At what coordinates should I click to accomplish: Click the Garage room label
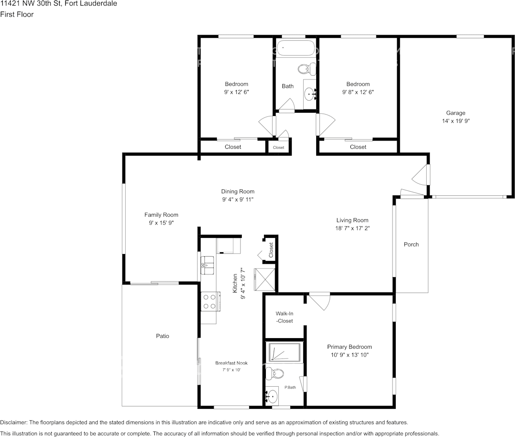(455, 113)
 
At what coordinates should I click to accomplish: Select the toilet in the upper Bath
(305, 69)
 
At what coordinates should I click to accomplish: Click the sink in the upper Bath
(309, 94)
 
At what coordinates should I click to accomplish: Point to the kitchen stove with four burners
(209, 301)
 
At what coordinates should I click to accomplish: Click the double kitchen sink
(208, 265)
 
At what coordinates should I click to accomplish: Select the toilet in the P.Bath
(276, 373)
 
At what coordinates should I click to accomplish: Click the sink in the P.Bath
(273, 396)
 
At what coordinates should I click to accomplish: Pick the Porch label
(411, 244)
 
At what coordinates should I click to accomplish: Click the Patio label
(162, 336)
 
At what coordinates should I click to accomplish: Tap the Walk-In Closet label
(284, 317)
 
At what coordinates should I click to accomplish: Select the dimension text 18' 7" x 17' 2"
(352, 228)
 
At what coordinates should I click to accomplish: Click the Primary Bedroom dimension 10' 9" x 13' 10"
(349, 355)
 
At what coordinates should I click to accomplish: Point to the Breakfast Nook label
(231, 363)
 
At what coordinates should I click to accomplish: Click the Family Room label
(161, 215)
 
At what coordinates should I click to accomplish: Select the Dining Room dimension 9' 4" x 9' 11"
(238, 200)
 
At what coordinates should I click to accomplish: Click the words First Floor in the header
(17, 14)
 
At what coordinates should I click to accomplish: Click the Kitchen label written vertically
(235, 283)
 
